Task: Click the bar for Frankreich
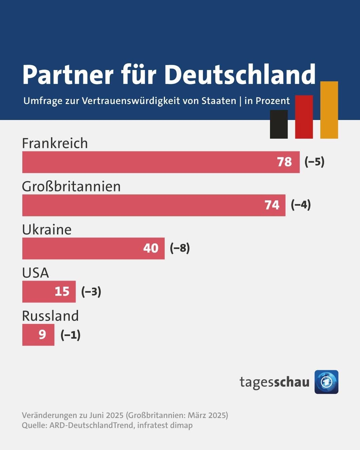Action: [147, 162]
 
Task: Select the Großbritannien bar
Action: [140, 205]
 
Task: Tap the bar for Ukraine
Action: [80, 248]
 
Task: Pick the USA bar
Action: [37, 292]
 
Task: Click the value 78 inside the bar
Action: [284, 162]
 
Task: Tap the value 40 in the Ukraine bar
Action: [151, 248]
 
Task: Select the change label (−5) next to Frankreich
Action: [314, 162]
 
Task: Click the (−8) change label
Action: [180, 248]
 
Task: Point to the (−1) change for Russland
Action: [70, 335]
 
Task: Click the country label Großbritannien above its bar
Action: [71, 186]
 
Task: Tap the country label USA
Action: [35, 273]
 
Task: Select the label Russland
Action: [50, 316]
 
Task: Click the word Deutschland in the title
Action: [240, 74]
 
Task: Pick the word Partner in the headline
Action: [68, 74]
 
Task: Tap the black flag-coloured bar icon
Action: [279, 124]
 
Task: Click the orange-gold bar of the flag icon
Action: [329, 110]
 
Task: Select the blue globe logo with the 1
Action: [326, 382]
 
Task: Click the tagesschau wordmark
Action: [274, 382]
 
